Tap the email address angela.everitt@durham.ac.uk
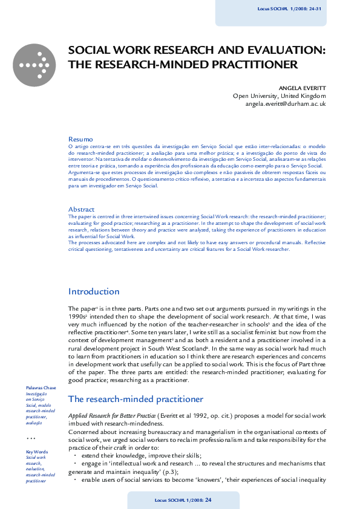(x=286, y=104)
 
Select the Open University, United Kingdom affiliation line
(x=279, y=96)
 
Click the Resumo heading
(x=80, y=139)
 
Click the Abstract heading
(x=82, y=209)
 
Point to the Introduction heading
(x=94, y=291)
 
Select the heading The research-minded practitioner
(x=136, y=399)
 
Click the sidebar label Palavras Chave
(x=41, y=387)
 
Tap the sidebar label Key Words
(x=37, y=452)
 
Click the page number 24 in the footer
(x=208, y=500)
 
